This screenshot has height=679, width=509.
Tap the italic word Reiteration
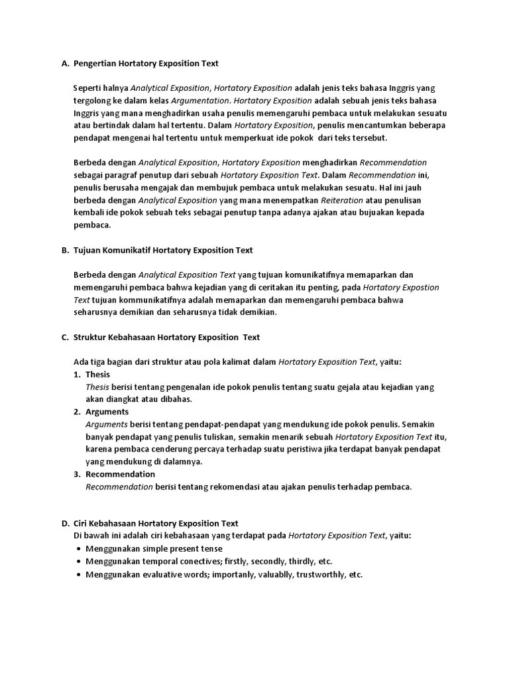342,200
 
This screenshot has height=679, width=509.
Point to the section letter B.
64,251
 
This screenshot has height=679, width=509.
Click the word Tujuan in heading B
87,251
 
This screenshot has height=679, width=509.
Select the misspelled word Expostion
419,287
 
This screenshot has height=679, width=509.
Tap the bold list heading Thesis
97,375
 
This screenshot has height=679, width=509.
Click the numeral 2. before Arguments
77,412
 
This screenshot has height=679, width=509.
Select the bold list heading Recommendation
120,474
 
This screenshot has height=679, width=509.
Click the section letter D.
64,524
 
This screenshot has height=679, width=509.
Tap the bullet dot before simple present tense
79,549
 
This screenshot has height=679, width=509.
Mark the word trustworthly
321,575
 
